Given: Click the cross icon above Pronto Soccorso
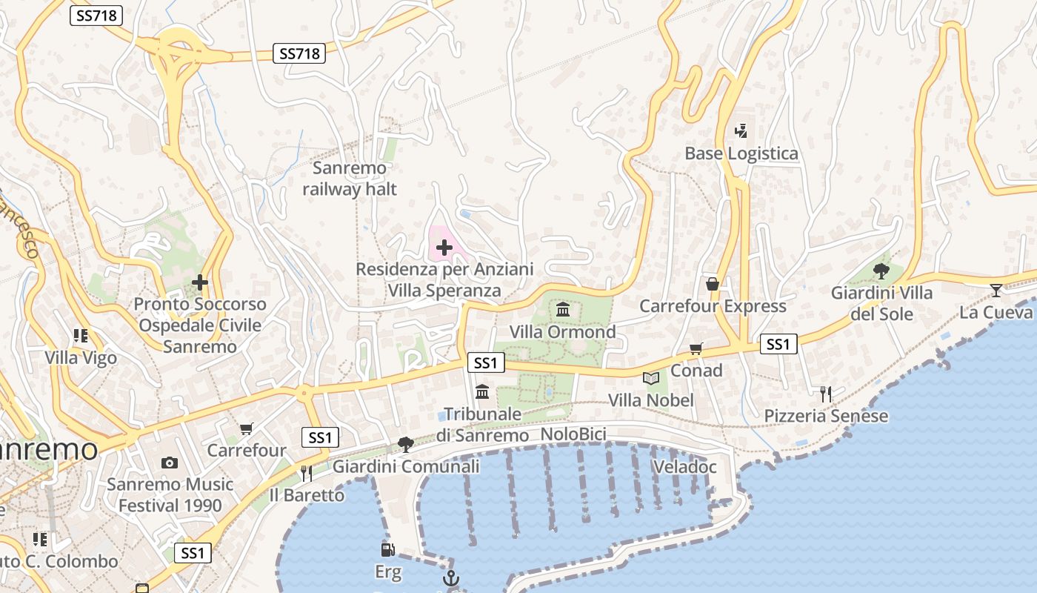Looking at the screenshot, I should [x=199, y=282].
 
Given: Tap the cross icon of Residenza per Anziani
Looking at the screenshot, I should [x=444, y=248].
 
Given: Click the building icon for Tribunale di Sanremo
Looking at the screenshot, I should [x=482, y=391].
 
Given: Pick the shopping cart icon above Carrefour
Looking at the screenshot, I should [x=247, y=428].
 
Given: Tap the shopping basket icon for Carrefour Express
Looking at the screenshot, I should [x=713, y=284].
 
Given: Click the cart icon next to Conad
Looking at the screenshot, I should [x=696, y=348].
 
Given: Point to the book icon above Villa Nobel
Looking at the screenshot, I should [x=651, y=379].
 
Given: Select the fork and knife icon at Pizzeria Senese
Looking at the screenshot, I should [x=826, y=394].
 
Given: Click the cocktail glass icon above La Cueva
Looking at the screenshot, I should [x=996, y=290].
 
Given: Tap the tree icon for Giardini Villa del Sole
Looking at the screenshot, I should [x=881, y=271].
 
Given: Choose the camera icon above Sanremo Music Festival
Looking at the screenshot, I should [x=170, y=463].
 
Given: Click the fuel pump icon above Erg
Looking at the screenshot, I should [x=387, y=550].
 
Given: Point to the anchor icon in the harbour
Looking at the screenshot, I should [x=450, y=578].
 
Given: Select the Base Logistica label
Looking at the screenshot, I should [x=741, y=153].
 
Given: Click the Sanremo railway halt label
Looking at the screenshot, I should [x=350, y=179].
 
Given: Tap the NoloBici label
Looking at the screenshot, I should [x=573, y=434].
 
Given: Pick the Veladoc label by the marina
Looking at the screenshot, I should [x=685, y=467].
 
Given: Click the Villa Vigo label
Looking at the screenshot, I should [x=81, y=358].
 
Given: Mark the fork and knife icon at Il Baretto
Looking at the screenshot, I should [x=306, y=473].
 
